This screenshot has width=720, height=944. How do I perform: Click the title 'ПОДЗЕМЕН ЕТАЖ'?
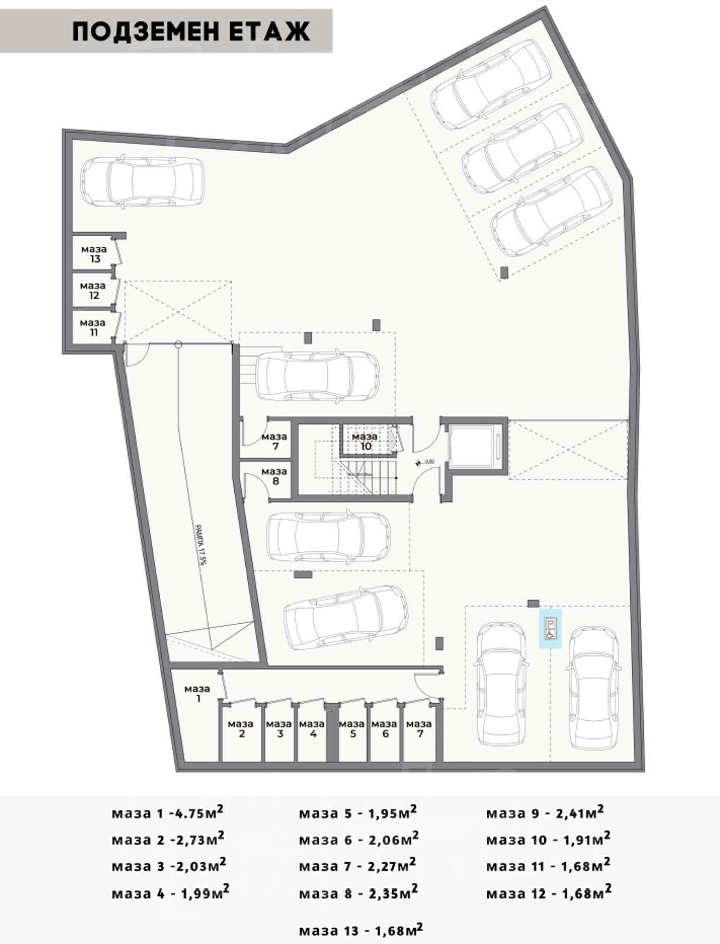(x=191, y=32)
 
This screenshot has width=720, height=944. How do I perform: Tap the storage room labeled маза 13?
(x=94, y=254)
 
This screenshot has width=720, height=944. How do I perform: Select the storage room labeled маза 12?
(x=93, y=290)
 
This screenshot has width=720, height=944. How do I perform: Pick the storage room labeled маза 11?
(x=92, y=327)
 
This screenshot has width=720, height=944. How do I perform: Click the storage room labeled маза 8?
(x=274, y=476)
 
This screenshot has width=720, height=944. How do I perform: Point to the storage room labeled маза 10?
(x=364, y=441)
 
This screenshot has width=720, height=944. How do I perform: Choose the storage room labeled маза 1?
(x=197, y=693)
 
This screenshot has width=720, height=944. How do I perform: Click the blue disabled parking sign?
(x=550, y=629)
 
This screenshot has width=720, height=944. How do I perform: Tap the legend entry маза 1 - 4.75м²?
(x=168, y=813)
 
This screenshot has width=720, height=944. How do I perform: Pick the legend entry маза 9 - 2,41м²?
(x=545, y=813)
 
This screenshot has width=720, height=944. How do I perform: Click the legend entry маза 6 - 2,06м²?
(x=359, y=840)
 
